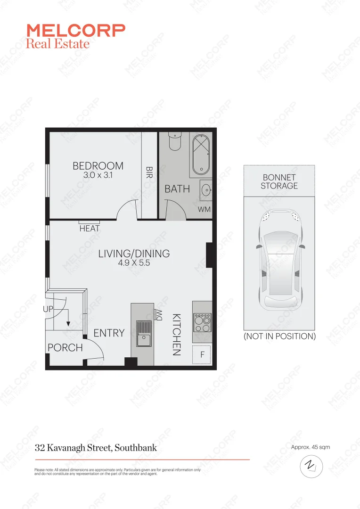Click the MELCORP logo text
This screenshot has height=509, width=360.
(76, 31)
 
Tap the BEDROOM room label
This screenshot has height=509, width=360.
(98, 166)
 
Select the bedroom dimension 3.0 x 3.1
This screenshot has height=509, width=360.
(98, 175)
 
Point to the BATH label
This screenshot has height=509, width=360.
(177, 189)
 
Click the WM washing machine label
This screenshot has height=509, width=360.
(204, 209)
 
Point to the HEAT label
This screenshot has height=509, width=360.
(90, 229)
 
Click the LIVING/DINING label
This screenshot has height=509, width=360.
(134, 254)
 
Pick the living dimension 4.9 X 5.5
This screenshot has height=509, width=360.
(134, 263)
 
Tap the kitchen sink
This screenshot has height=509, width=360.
(143, 332)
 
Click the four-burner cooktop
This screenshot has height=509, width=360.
(203, 323)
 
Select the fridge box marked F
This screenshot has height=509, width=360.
(203, 355)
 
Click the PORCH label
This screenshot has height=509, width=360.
(65, 348)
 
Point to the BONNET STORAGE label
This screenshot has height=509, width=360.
(279, 181)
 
